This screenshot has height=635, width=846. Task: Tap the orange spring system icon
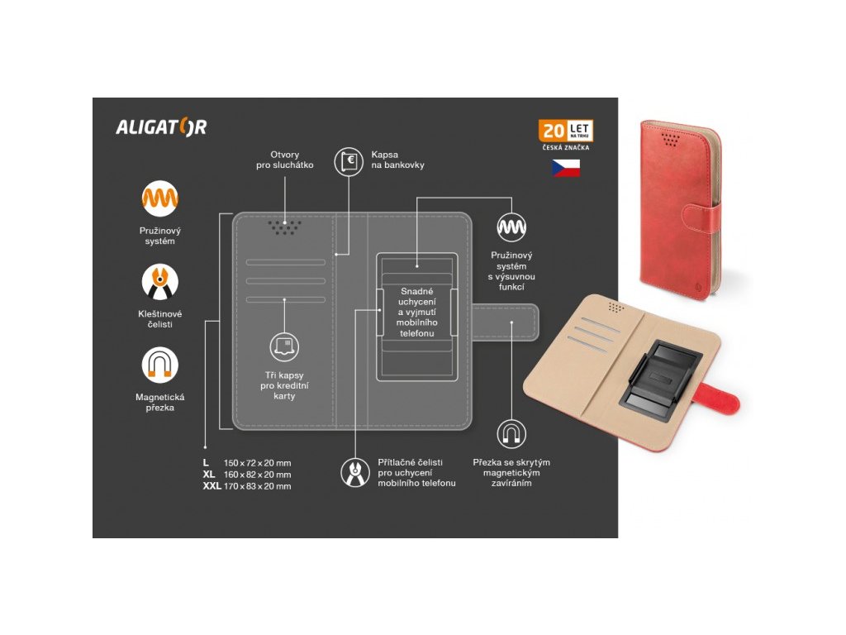pos(159,198)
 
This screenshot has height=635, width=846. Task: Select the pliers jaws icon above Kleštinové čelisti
pos(159,282)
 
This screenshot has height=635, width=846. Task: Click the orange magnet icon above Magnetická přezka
pos(159,365)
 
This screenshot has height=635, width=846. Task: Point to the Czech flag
pos(566,168)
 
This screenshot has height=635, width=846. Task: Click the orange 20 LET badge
pos(566,131)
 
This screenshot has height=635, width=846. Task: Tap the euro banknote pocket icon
pos(348,161)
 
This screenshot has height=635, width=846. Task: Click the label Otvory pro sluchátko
pos(285,160)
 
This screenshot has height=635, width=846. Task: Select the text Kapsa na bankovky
pos(397,160)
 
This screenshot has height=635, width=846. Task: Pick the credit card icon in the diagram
pos(283,346)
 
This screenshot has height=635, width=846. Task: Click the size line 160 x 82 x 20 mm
pos(257,475)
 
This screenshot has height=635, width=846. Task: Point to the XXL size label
pos(211,486)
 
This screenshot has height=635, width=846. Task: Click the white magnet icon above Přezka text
pos(511,433)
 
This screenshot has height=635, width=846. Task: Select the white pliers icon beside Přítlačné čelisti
pos(355,471)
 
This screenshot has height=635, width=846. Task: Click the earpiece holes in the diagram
pos(284,226)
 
